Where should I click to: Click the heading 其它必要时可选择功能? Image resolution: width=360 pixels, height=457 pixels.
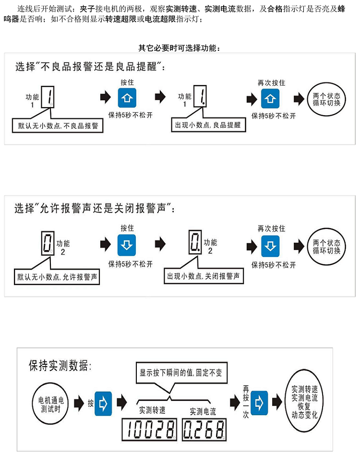[x=179, y=48]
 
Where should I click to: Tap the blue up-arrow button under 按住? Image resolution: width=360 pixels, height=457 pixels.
[x=127, y=98]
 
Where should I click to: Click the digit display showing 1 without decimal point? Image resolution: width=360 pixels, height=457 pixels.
[x=48, y=97]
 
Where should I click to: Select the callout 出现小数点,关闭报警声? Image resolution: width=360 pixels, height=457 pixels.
[x=204, y=277]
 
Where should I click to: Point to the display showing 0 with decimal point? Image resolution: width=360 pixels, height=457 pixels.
[x=195, y=243]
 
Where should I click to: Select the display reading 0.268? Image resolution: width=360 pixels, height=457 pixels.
[x=204, y=429]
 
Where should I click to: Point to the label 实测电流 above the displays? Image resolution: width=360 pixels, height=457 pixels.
[x=203, y=411]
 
